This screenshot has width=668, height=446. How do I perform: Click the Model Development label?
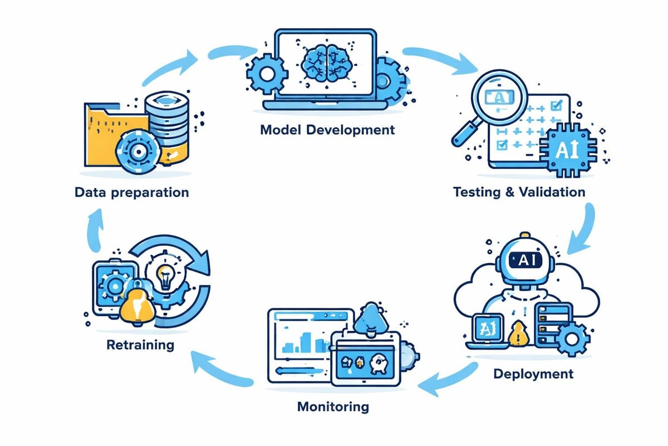(x=327, y=130)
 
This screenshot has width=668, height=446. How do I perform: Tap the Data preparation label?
(x=131, y=193)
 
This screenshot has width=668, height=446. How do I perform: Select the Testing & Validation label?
(x=519, y=192)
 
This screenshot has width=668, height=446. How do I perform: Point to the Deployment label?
(x=533, y=373)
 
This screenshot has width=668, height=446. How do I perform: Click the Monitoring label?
(x=333, y=406)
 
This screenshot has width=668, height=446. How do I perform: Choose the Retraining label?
(x=140, y=345)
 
